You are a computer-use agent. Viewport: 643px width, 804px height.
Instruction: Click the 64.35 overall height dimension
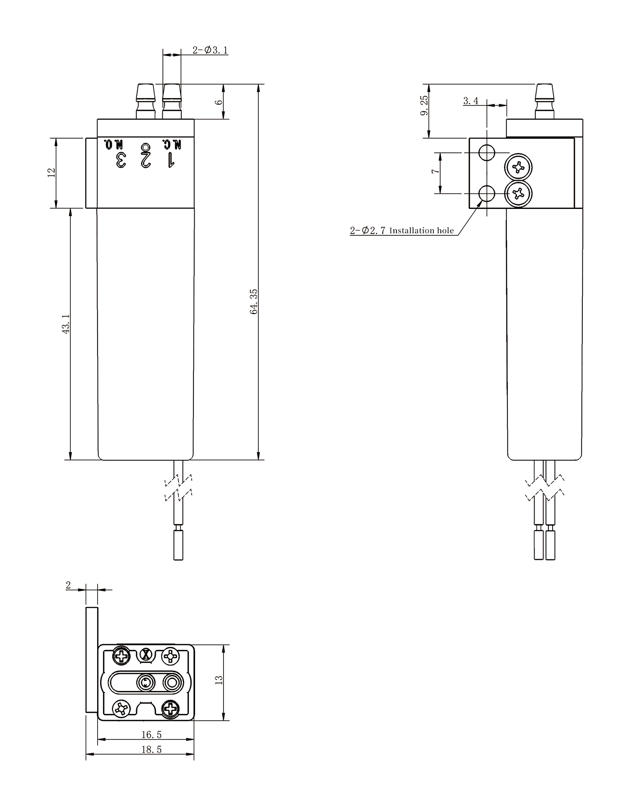254,301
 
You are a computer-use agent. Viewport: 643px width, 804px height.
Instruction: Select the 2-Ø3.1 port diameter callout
210,50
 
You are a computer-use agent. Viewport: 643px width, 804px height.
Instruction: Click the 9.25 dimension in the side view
424,106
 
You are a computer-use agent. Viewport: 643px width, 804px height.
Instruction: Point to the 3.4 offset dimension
471,101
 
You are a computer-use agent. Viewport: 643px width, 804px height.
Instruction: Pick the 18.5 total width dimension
151,749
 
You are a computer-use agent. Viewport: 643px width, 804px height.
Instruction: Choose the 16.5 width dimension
151,734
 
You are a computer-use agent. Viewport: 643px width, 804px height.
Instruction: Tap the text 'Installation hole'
422,230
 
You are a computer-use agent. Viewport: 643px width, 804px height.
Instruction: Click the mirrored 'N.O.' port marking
114,145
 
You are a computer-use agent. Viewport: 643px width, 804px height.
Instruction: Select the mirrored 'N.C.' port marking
172,145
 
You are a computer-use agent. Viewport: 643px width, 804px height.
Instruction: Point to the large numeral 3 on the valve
121,160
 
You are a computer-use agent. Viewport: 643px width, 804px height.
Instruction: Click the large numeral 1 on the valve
170,160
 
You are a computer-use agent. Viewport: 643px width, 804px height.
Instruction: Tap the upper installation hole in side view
487,153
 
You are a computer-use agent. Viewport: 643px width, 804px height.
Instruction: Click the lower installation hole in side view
487,194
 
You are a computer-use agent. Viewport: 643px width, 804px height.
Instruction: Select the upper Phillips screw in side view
519,167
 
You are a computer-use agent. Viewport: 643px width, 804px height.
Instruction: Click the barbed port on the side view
544,101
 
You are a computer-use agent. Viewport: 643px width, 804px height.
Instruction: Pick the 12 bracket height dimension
51,173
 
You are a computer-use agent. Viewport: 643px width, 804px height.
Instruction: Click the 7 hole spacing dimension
435,171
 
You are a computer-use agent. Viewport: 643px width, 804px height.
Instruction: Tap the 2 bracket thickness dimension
68,585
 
